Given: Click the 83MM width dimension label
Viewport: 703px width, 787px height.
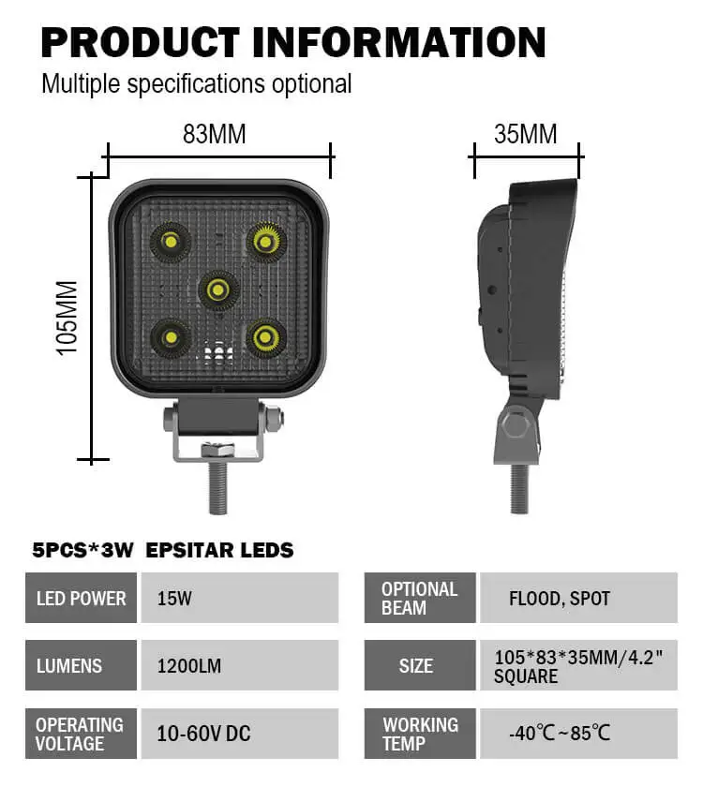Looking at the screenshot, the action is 214,134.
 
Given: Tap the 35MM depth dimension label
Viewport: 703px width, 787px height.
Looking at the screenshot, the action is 525,134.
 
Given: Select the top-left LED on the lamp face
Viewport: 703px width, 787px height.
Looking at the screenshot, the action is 171,242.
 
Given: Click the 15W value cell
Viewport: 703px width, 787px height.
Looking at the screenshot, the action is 239,598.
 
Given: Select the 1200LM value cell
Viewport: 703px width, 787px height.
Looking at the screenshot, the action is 239,665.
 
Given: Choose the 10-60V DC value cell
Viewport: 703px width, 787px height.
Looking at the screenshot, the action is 239,733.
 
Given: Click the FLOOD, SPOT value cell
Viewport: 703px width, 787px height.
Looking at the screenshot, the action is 577,598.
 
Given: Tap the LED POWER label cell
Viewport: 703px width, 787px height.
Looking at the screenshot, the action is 81,598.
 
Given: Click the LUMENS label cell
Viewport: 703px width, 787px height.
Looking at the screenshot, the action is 81,665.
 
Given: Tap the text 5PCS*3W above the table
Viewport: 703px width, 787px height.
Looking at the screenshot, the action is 84,550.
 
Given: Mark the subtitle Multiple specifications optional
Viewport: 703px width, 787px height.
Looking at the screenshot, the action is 196,83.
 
